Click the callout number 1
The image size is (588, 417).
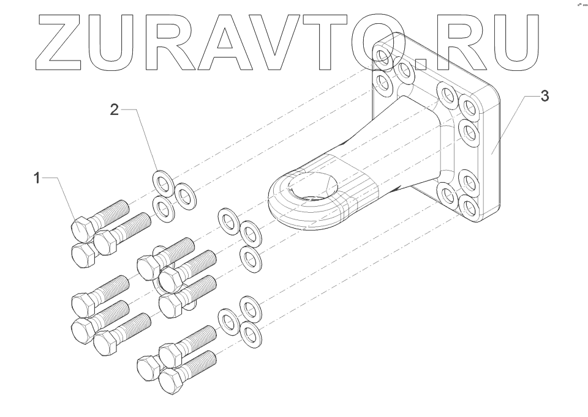click(37, 178)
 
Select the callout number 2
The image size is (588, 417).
click(114, 110)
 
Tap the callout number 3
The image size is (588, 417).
click(545, 97)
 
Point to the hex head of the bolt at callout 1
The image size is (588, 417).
click(82, 229)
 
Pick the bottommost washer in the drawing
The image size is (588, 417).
click(249, 334)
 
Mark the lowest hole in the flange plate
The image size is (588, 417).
click(469, 208)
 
